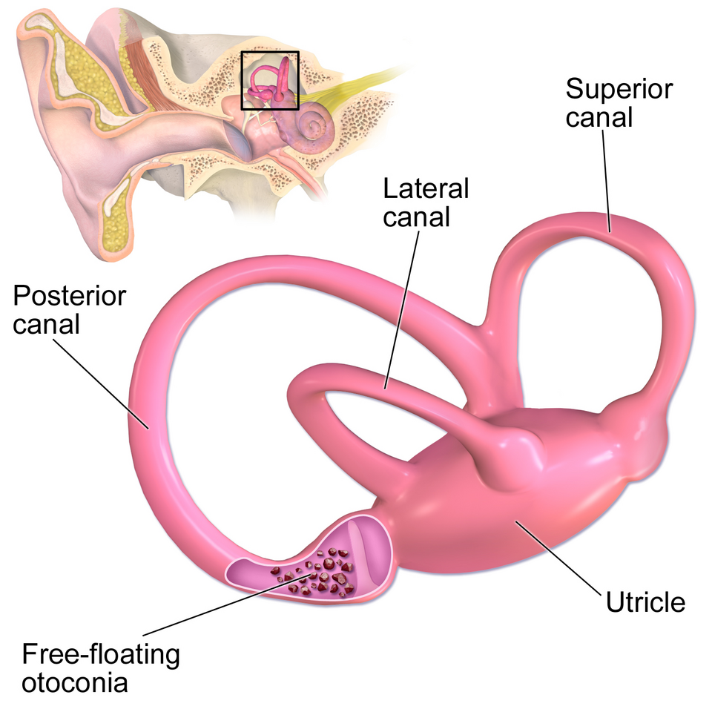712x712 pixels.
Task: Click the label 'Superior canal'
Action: pos(619,103)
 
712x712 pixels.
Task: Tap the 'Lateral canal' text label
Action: pos(426,202)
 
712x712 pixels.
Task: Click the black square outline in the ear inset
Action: pos(270,53)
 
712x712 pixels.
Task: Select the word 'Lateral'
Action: pos(426,188)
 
